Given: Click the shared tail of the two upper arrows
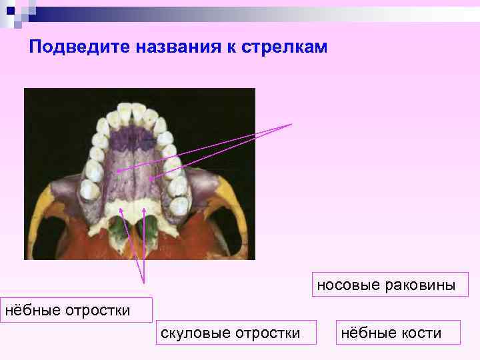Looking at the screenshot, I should pos(291,124).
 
